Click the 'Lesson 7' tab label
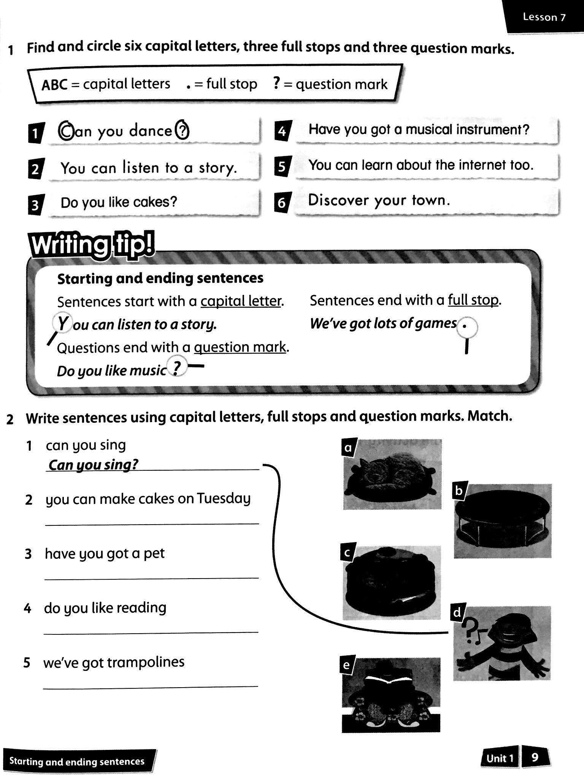[x=544, y=17]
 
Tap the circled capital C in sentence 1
[x=65, y=131]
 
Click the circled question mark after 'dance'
[x=182, y=130]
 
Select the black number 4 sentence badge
[x=282, y=131]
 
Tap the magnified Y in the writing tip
[x=62, y=324]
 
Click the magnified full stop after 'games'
[x=465, y=326]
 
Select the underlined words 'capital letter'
[x=241, y=301]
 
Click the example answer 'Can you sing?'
[x=94, y=464]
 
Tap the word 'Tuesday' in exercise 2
[x=224, y=498]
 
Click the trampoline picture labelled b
[x=503, y=521]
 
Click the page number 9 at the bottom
[x=535, y=758]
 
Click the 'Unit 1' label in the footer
[x=500, y=758]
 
